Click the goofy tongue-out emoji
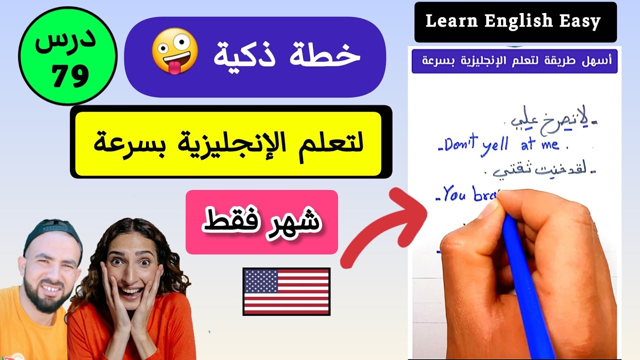tap(174, 51)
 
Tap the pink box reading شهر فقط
tap(261, 222)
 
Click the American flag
tap(286, 291)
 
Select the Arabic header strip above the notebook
tap(514, 61)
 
